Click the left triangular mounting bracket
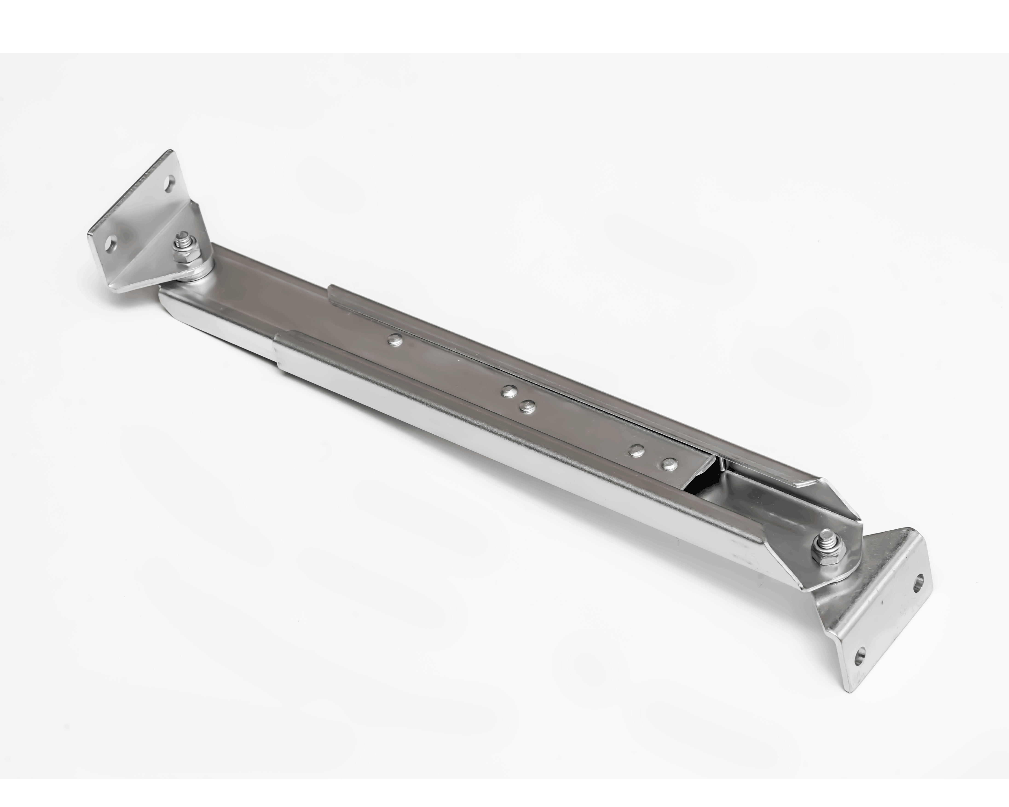click(x=140, y=225)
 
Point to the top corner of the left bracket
click(x=169, y=152)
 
